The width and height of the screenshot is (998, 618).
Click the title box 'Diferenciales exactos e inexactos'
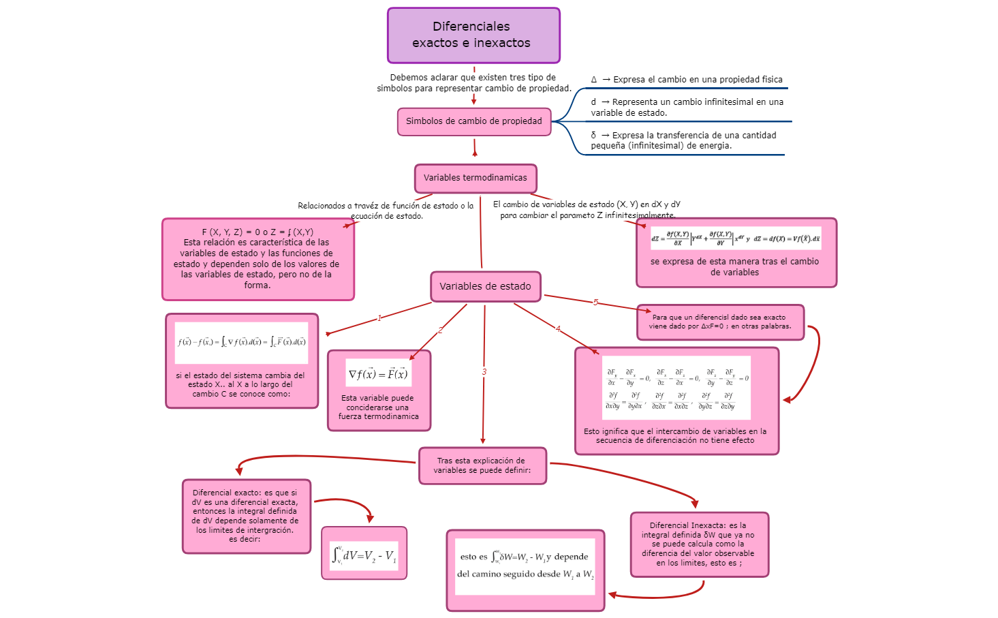click(x=473, y=35)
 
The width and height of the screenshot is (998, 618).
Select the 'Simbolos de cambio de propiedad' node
click(x=474, y=121)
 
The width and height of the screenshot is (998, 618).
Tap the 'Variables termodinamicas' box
click(x=475, y=178)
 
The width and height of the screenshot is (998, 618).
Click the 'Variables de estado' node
click(x=485, y=286)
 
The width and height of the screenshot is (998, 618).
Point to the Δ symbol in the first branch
click(x=594, y=80)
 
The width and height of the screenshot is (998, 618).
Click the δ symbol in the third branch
click(x=593, y=136)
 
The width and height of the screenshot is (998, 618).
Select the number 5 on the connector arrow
click(x=595, y=303)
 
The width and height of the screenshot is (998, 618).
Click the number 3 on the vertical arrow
click(x=484, y=372)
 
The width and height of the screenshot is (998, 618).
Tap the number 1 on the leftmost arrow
click(x=379, y=318)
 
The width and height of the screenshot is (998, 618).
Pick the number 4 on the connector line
click(x=558, y=329)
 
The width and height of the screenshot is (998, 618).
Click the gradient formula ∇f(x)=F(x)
click(x=378, y=374)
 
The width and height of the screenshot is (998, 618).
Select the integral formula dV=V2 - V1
click(x=364, y=555)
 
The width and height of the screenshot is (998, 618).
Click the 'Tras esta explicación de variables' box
click(x=482, y=465)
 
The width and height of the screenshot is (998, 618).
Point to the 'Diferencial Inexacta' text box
click(x=699, y=544)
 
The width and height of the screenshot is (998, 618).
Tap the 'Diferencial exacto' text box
click(x=246, y=516)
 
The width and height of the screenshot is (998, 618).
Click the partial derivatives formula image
click(x=676, y=388)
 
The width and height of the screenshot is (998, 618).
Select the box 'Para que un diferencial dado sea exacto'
click(x=720, y=322)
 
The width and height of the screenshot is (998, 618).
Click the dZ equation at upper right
click(x=736, y=238)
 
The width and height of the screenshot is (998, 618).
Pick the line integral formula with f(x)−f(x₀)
click(x=242, y=342)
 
